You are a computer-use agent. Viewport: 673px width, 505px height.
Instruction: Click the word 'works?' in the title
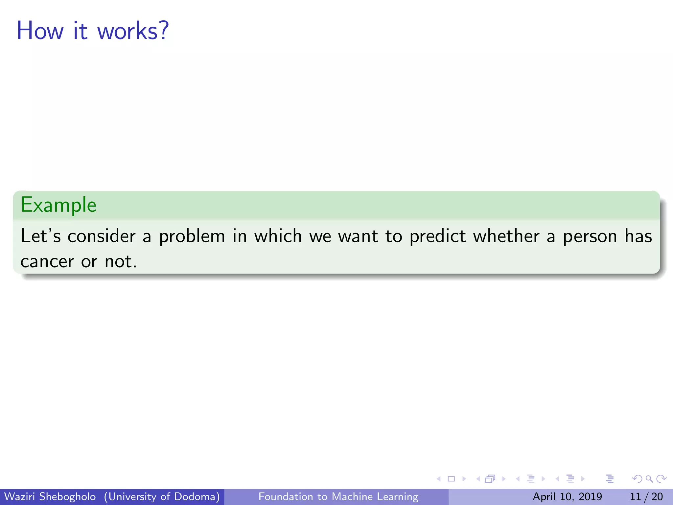(133, 31)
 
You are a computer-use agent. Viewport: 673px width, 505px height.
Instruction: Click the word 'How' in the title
(40, 31)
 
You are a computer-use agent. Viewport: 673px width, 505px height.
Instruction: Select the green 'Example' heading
(58, 205)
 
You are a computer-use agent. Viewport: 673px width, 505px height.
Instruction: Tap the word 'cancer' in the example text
(47, 262)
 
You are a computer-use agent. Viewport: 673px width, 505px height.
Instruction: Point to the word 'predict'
(437, 236)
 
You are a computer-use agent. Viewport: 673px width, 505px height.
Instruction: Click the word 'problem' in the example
(192, 236)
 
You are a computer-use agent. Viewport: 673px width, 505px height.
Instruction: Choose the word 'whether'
(506, 236)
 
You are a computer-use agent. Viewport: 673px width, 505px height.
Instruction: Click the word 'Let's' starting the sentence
(41, 236)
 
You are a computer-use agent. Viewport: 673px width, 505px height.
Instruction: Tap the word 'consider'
(102, 236)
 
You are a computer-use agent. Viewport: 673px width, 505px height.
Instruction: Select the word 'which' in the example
(278, 236)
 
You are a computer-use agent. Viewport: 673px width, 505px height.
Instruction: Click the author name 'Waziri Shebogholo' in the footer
(50, 496)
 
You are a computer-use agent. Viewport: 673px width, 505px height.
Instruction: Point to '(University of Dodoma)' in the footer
(162, 496)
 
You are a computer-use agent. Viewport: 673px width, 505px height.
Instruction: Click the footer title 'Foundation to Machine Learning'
(338, 496)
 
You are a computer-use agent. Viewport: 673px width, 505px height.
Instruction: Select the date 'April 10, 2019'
(567, 496)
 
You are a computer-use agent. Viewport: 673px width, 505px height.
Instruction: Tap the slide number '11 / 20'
(646, 496)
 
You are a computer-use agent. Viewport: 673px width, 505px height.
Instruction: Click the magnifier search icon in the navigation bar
(649, 479)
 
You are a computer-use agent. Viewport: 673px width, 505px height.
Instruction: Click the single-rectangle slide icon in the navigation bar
(452, 479)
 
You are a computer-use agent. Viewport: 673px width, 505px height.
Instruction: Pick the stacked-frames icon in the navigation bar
(490, 479)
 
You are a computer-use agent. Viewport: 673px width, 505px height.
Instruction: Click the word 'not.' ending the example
(121, 262)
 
